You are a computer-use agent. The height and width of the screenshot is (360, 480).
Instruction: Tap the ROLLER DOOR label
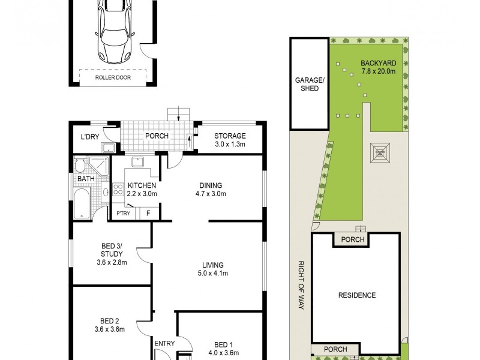[112, 77]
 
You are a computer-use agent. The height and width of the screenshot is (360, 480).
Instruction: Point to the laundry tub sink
[109, 148]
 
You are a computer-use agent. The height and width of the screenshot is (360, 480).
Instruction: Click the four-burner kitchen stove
[118, 190]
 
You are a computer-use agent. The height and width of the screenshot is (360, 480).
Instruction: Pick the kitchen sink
[137, 161]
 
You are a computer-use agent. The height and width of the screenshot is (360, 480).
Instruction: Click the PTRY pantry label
[123, 212]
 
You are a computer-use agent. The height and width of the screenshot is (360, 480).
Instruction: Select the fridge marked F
[148, 212]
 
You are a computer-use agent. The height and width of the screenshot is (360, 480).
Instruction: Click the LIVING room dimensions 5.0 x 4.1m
[212, 274]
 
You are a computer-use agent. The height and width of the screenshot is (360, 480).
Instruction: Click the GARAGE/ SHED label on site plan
[307, 84]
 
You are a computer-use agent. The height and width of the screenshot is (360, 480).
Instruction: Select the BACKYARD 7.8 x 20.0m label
[378, 67]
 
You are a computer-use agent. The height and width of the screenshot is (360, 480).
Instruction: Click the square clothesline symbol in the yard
[380, 152]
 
